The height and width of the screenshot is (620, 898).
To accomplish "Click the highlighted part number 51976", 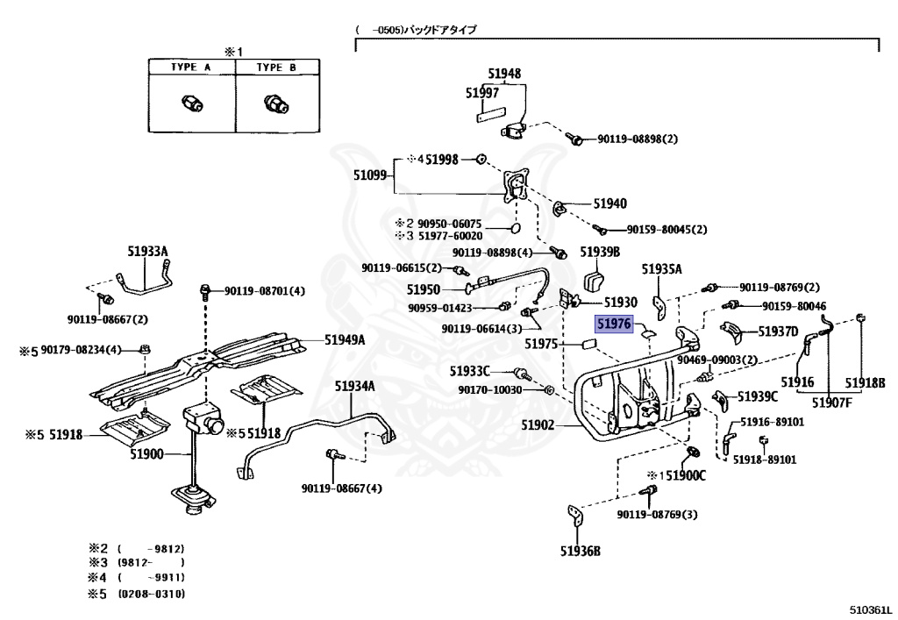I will click(x=614, y=324).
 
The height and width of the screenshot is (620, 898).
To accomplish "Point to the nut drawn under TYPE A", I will click(x=190, y=103).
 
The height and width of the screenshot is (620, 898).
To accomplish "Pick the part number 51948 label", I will click(x=504, y=75).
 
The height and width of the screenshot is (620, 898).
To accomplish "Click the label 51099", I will click(x=370, y=175).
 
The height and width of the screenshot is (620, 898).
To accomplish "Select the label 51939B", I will click(x=600, y=252).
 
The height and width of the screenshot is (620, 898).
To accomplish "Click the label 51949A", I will click(x=345, y=339).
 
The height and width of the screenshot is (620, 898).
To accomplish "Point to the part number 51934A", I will click(x=354, y=386).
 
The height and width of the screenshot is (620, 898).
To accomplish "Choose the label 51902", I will click(x=539, y=424).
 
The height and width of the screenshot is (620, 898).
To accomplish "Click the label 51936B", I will click(x=581, y=551).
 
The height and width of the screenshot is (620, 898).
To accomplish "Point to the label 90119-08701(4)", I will click(x=264, y=291).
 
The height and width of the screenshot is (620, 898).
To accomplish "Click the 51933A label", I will click(x=145, y=253).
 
